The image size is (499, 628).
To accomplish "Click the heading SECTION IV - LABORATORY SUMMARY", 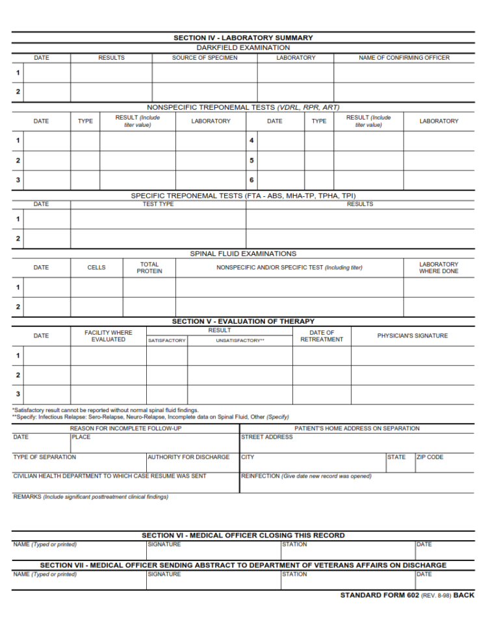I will click(x=243, y=38).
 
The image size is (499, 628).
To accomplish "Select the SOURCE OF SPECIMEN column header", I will click(x=205, y=58).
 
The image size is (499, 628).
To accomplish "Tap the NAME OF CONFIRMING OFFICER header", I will click(x=404, y=58).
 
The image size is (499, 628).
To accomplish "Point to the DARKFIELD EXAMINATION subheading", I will click(x=243, y=47).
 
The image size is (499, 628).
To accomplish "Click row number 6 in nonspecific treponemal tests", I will click(x=251, y=180).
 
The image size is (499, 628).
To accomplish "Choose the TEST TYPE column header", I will click(x=158, y=204).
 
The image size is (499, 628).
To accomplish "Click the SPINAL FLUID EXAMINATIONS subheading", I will click(x=243, y=254).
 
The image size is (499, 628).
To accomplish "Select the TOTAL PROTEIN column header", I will click(x=149, y=268).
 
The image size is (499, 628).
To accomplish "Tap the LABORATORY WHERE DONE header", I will click(x=439, y=268).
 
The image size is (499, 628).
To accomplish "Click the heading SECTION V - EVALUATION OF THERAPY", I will click(x=243, y=321).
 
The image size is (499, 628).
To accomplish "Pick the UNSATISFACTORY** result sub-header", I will click(x=240, y=341).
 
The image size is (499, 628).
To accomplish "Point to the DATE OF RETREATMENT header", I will click(x=322, y=336).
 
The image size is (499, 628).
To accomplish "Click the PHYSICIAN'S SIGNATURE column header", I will click(x=413, y=336).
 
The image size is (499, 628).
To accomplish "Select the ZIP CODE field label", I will click(x=430, y=457).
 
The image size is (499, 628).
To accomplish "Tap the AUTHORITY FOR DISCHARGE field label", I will click(x=188, y=457).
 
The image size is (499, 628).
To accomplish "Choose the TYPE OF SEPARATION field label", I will click(x=44, y=457).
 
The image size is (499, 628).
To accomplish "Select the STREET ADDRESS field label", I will click(x=267, y=437).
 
